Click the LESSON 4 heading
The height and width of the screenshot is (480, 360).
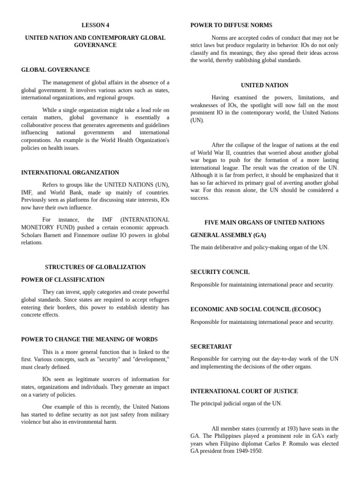coord(95,25)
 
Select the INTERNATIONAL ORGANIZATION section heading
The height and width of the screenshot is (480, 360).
coord(70,172)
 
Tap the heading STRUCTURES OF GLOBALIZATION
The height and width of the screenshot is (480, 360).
coord(95,267)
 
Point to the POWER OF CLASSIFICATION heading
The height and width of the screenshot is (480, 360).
coord(63,280)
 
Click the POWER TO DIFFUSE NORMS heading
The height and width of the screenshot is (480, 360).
coord(231,25)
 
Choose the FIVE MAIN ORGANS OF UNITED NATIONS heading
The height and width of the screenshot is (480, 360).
coord(264,223)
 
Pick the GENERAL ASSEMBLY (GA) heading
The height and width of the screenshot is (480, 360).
coord(228,235)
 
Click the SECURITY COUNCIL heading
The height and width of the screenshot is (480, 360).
coord(220,272)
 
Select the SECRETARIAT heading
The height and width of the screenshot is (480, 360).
coord(211,346)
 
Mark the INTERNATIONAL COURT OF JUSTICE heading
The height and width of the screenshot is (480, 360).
coord(244,391)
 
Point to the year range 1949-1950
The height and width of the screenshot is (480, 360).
coord(247,451)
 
